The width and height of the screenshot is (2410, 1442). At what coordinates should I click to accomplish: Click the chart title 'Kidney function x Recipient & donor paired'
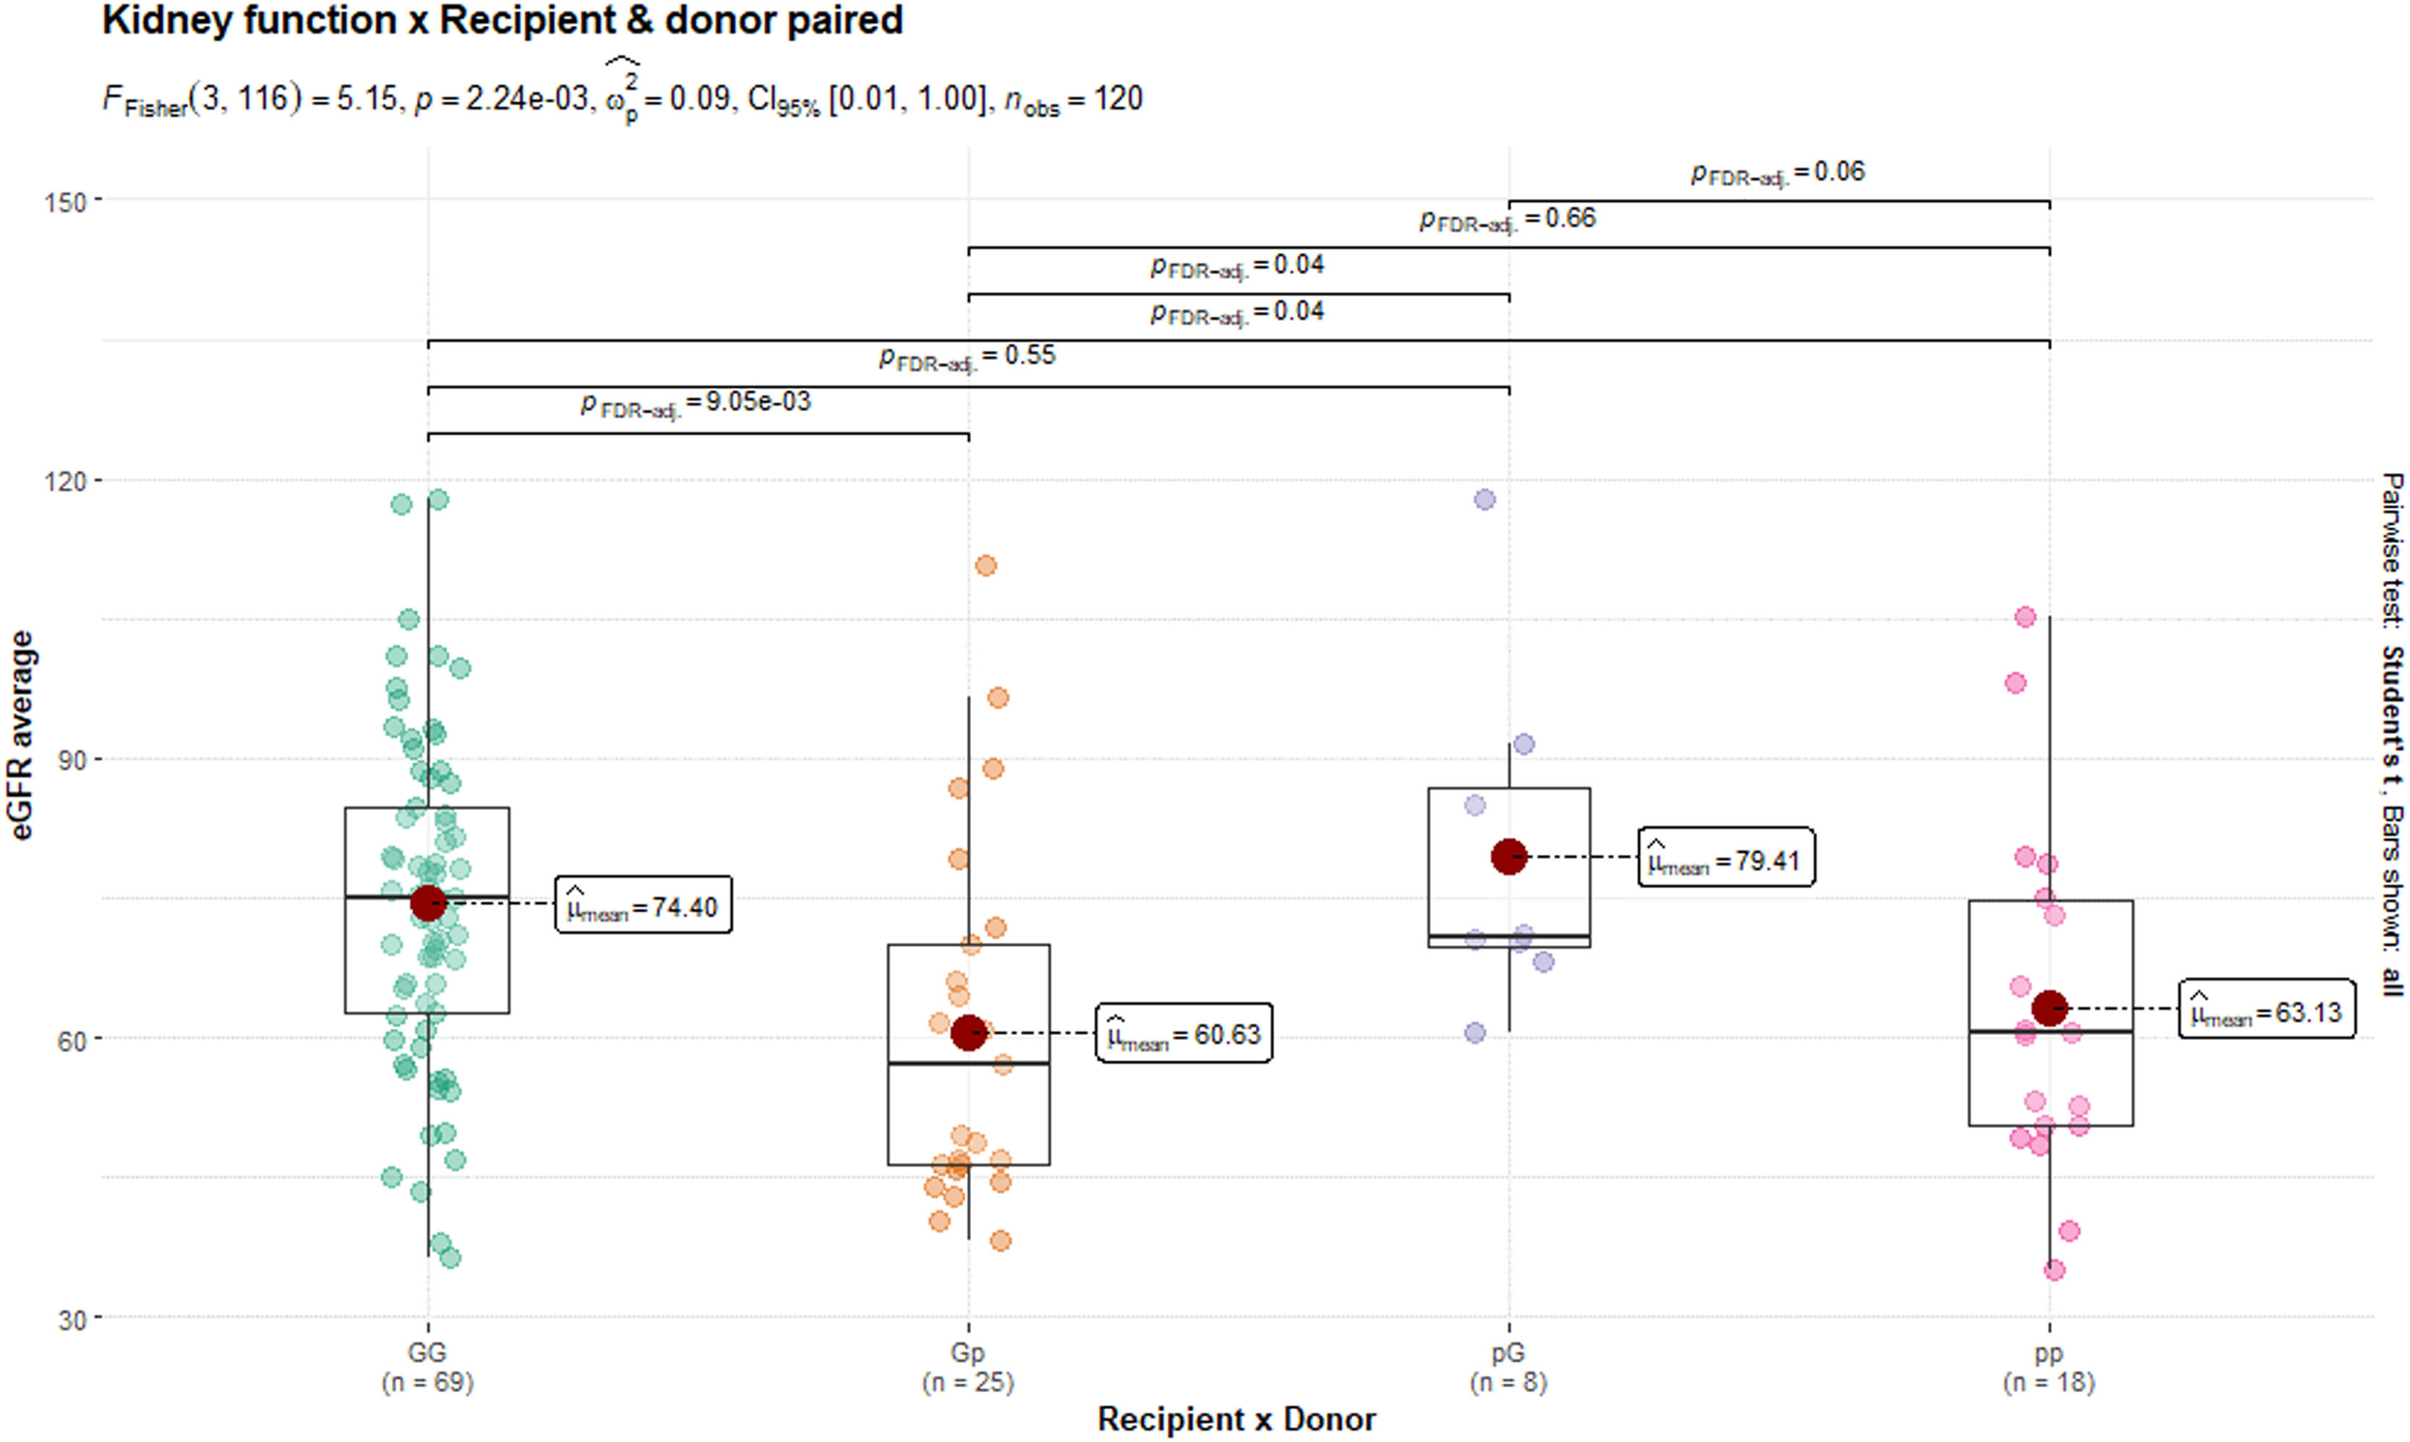(503, 20)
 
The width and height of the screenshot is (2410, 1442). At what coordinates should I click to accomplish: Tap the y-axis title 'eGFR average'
(22, 735)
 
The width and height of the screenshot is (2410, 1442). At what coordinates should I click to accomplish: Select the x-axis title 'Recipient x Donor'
(1236, 1420)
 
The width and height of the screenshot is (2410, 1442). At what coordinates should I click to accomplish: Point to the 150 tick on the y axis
(65, 202)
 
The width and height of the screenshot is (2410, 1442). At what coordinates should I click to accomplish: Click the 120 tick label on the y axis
(65, 481)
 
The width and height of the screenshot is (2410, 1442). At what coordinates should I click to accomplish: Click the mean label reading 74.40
(643, 905)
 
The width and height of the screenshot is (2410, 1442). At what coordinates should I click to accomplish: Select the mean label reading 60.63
(1183, 1033)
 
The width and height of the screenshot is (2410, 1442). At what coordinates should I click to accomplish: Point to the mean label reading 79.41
(1726, 858)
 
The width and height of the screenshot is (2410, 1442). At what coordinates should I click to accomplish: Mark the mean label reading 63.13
(2266, 1010)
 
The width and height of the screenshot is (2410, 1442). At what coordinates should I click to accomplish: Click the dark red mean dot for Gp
(968, 1033)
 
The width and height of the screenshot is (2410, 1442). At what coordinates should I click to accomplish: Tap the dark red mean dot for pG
(1508, 856)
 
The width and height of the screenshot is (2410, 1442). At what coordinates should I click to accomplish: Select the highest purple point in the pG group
(1485, 500)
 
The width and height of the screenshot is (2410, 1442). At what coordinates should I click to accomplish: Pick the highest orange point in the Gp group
(986, 566)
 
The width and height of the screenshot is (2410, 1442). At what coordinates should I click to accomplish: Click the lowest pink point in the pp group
(2054, 1270)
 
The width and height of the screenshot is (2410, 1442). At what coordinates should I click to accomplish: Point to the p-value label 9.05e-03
(696, 402)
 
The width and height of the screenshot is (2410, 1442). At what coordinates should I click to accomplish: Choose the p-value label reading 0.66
(1508, 218)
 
